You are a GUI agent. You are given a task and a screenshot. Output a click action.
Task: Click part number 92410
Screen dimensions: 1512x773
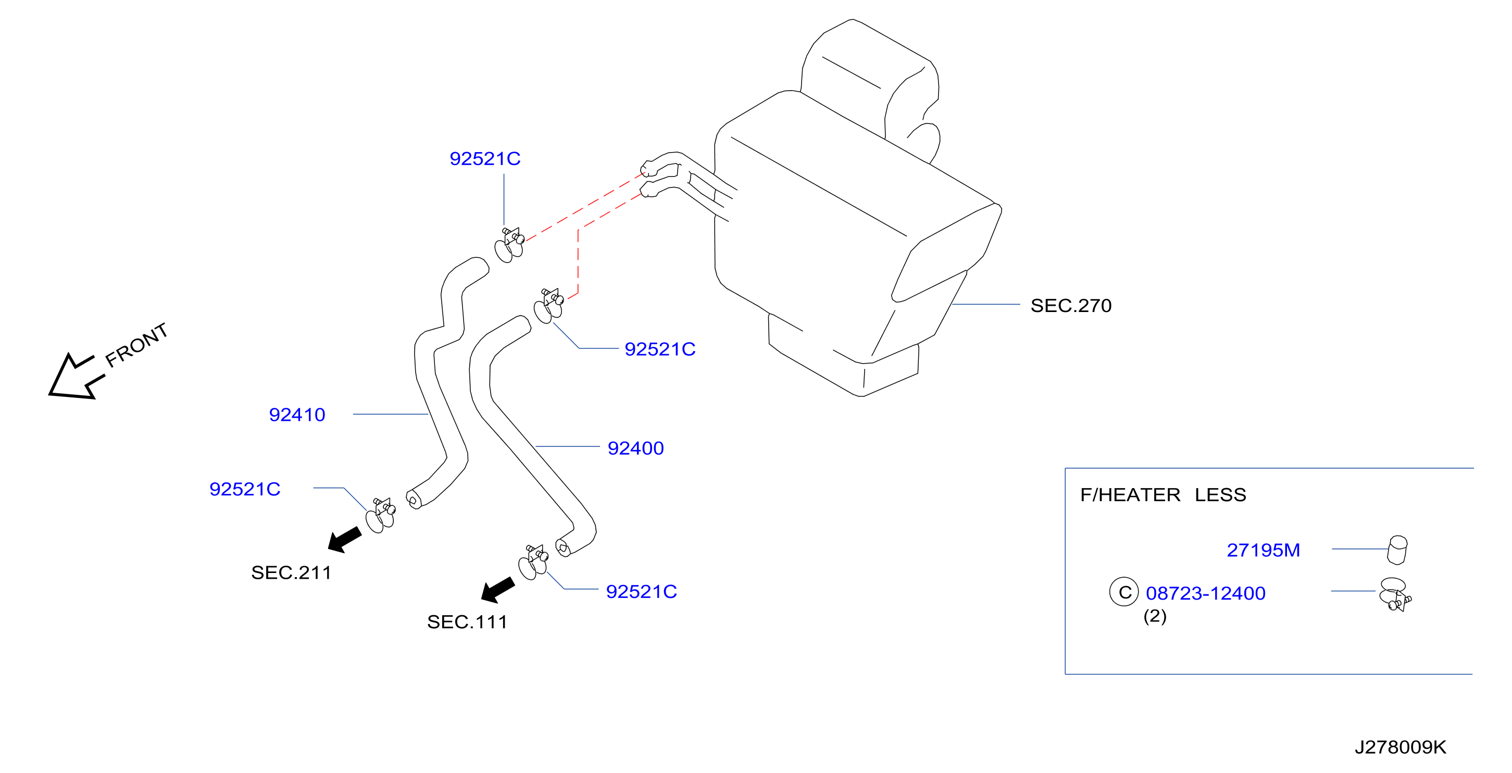point(297,415)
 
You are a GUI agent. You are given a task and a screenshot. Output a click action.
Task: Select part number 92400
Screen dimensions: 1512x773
point(635,448)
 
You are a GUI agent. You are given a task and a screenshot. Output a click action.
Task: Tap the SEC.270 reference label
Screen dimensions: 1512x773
point(1071,306)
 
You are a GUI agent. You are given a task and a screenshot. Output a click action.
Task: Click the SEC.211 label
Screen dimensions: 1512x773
point(291,573)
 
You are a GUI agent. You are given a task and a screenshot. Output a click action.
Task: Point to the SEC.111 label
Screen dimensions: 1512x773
point(467,622)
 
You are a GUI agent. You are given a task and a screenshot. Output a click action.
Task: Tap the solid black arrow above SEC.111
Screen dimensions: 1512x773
point(498,590)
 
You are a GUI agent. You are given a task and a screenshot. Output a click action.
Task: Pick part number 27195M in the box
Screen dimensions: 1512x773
point(1263,551)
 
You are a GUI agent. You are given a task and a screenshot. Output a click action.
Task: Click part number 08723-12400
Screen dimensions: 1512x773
point(1206,593)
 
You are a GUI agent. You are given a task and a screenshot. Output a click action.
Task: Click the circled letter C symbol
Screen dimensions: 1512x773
point(1124,592)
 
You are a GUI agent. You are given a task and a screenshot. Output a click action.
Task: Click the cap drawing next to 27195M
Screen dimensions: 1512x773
point(1397,550)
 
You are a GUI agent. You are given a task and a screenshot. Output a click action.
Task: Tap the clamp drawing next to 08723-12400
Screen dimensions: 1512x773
point(1395,594)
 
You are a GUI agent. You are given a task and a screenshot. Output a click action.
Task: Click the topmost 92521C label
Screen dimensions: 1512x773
point(485,159)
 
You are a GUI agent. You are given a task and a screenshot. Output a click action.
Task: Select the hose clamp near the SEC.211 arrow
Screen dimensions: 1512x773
point(380,515)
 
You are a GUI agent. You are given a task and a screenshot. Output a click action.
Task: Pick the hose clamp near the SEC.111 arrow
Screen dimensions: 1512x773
point(533,562)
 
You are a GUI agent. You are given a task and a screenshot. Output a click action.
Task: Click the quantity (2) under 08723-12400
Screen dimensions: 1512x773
point(1155,616)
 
